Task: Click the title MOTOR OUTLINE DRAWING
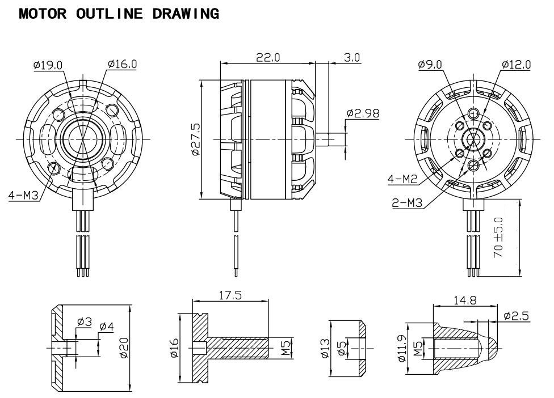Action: [119, 14]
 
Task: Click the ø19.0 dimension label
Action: [48, 65]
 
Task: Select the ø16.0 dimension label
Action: [122, 63]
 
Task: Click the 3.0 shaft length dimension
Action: [352, 57]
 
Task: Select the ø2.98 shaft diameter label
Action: [363, 113]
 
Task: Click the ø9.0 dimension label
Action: [430, 65]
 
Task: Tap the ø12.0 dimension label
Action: [516, 65]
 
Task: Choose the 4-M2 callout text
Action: [402, 180]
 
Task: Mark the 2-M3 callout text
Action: [407, 202]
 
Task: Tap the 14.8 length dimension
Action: [465, 300]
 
